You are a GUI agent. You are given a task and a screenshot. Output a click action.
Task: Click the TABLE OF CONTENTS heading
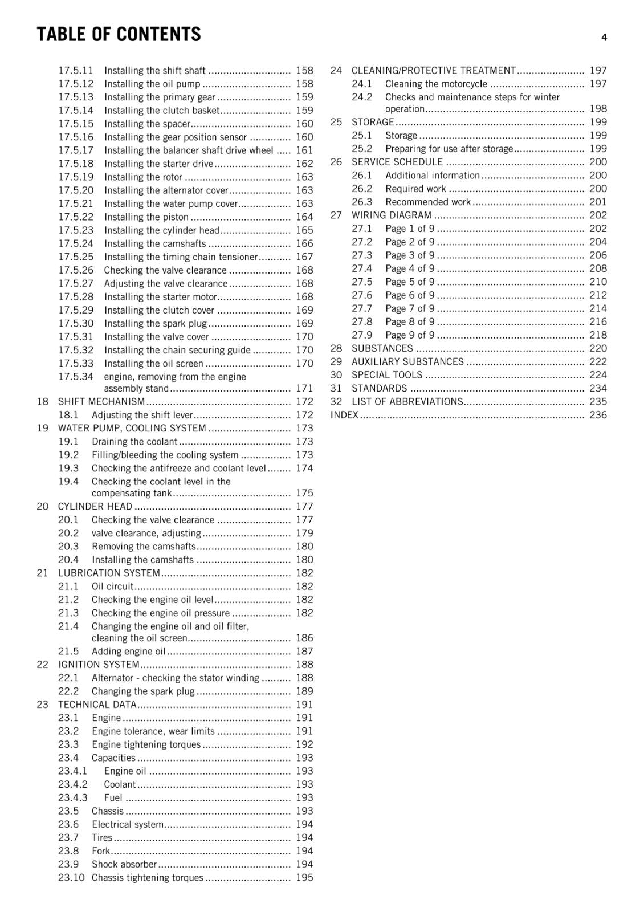coord(119,35)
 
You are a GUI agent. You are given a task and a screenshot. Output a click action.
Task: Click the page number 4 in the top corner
coord(604,38)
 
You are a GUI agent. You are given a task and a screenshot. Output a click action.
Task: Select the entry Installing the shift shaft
coord(154,71)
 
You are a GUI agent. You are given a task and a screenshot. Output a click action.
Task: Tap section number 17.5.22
coord(75,217)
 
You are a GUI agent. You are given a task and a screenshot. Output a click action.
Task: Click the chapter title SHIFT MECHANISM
coord(101,402)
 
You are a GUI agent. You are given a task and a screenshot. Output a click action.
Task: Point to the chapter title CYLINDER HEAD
coord(95,507)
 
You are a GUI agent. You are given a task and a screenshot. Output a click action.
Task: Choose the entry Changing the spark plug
coord(143,691)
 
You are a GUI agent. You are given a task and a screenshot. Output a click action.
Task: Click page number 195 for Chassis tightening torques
coord(304,878)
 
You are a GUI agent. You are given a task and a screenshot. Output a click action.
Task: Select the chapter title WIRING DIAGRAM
coord(391,215)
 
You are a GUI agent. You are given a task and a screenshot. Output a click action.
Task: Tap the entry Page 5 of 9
coord(410,282)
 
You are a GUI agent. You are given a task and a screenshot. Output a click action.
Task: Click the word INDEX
coord(344,415)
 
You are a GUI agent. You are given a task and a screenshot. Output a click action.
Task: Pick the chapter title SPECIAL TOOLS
coord(386,375)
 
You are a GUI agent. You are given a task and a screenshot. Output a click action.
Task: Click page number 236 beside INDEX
coord(598,415)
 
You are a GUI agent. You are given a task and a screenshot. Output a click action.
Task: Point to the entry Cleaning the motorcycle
coord(436,84)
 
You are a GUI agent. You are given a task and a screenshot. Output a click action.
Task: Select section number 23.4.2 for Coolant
coord(72,784)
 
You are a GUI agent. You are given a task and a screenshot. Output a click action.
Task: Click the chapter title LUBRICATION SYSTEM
coord(109,573)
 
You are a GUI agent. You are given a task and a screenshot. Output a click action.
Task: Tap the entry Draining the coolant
coord(134,442)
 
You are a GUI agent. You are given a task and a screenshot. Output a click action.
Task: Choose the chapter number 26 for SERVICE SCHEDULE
coord(336,162)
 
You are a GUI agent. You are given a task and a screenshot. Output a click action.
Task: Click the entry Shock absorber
coord(124,864)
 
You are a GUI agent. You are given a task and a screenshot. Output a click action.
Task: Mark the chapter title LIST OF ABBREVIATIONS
coord(407,402)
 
